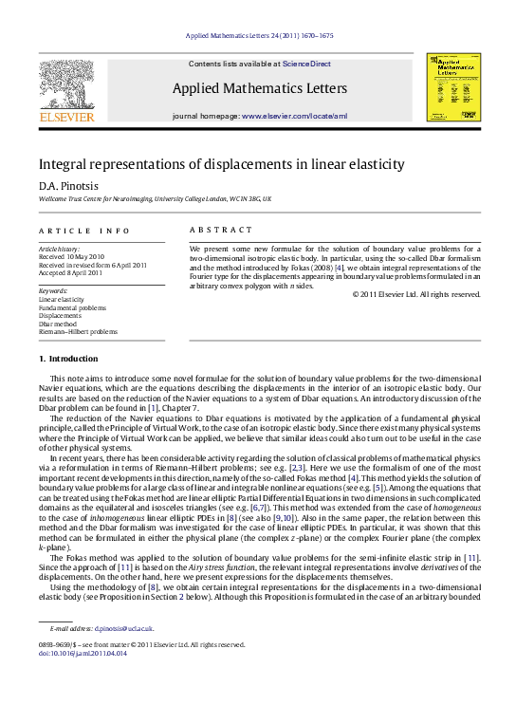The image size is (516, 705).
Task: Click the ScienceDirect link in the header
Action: pos(305,63)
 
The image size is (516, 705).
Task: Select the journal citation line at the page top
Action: pos(257,34)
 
